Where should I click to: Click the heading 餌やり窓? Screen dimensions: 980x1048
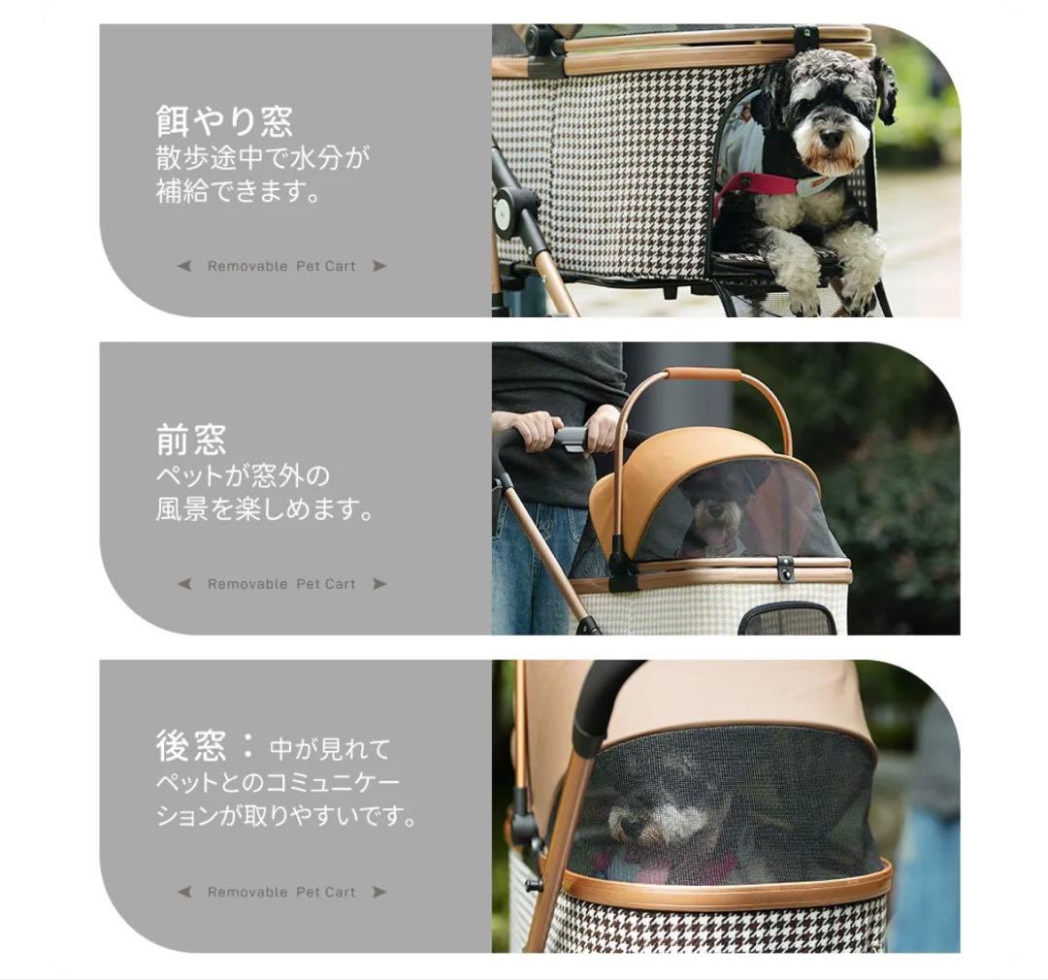tap(224, 121)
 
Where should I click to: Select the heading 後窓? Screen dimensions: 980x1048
tap(191, 746)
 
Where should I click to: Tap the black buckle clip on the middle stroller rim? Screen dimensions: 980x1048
tap(785, 570)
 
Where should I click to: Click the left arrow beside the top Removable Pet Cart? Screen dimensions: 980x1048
tap(184, 266)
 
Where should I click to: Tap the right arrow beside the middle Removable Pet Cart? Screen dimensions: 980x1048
tap(379, 584)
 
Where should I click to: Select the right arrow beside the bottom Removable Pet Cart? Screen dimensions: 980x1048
tap(379, 892)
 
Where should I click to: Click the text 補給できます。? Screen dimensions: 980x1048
tap(239, 191)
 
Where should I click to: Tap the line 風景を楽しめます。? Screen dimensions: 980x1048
tap(265, 509)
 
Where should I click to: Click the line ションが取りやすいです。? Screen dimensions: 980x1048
tap(287, 816)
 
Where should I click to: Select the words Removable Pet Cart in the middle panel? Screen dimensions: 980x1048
tap(281, 584)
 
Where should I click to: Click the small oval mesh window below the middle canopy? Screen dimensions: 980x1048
tap(788, 619)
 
